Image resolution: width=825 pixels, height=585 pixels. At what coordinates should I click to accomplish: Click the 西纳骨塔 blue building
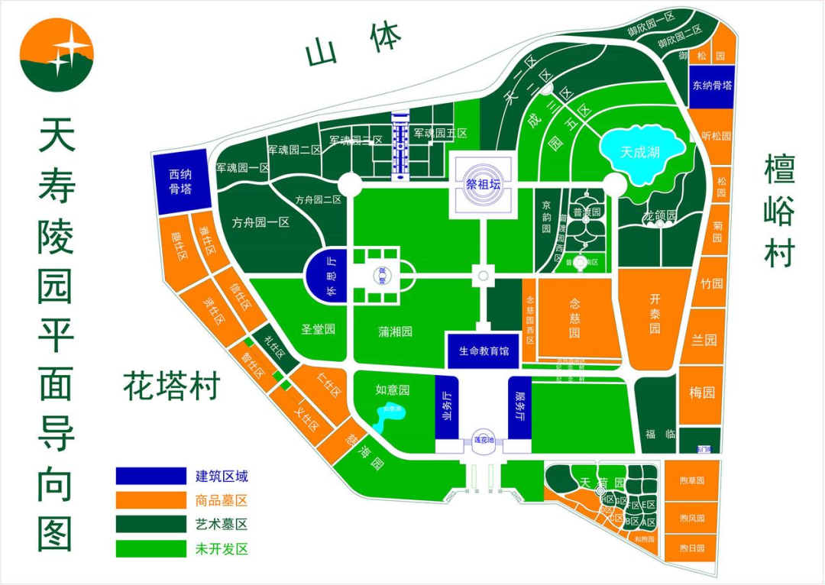pos(180,183)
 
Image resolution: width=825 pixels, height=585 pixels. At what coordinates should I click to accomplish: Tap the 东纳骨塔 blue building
pos(712,86)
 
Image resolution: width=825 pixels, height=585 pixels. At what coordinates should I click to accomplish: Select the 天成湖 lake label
pos(640,152)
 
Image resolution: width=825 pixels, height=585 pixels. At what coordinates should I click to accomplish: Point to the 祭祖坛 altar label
pos(481,183)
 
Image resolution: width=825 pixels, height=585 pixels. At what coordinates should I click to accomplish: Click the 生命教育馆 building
pos(484,351)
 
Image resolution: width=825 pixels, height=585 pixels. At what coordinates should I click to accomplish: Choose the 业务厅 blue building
pos(446,407)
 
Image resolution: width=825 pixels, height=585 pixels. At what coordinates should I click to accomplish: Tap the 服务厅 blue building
pos(519,407)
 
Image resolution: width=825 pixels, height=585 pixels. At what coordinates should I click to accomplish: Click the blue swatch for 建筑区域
pos(150,476)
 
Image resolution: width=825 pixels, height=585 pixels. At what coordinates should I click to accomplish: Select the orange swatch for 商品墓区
pos(150,500)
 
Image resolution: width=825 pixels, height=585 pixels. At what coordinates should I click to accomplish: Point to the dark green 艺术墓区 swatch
pos(150,525)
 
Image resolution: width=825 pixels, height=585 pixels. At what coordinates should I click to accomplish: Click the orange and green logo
pos(57,54)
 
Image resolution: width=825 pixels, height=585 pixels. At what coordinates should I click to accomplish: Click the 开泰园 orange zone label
pos(655,313)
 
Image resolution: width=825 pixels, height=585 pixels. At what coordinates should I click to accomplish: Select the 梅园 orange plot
pos(701,394)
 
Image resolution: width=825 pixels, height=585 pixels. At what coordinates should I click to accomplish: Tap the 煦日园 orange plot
pos(691,548)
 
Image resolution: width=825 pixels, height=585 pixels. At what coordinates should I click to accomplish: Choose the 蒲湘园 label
pos(395,331)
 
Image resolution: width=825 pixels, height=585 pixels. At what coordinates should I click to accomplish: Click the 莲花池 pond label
pos(484,441)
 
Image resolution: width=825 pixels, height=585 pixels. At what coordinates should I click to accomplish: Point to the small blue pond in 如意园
pos(390,415)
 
